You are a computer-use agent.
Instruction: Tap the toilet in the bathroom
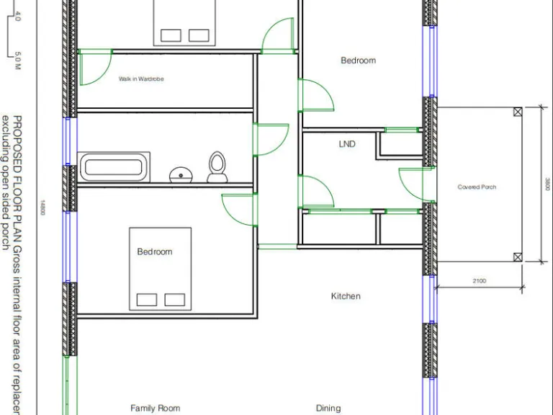[217, 166]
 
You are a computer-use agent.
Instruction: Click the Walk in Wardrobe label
[141, 79]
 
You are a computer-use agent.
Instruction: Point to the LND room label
[347, 144]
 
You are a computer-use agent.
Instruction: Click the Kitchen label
[346, 296]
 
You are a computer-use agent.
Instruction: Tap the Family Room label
[155, 408]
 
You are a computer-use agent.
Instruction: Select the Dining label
[328, 408]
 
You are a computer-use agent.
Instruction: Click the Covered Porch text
[477, 187]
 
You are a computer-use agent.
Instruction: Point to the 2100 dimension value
[479, 281]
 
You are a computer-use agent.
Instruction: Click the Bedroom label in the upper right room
[358, 61]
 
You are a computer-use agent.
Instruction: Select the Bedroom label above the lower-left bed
[155, 251]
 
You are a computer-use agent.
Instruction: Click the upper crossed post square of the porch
[518, 112]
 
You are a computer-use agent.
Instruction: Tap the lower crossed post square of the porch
[518, 257]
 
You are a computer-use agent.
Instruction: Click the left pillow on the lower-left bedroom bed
[147, 300]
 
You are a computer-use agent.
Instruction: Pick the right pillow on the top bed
[198, 35]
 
